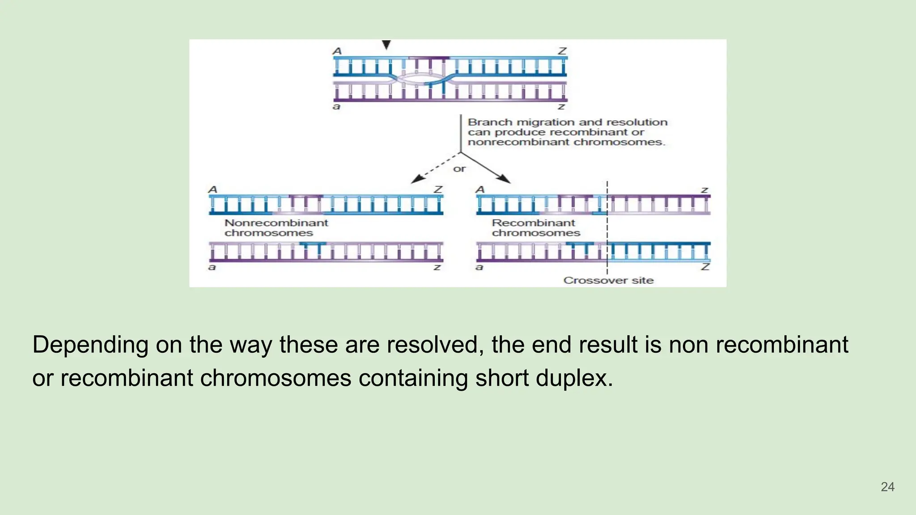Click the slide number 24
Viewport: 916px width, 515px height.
pyautogui.click(x=887, y=487)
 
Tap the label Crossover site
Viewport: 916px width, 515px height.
pyautogui.click(x=608, y=280)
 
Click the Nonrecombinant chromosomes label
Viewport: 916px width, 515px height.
pyautogui.click(x=276, y=228)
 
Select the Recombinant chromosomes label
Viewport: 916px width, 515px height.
pyautogui.click(x=535, y=228)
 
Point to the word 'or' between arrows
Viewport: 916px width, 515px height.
pyautogui.click(x=459, y=169)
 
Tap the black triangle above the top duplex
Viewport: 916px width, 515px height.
pyautogui.click(x=386, y=45)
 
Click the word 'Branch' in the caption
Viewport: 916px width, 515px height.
pyautogui.click(x=490, y=122)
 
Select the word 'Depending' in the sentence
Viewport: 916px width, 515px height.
pyautogui.click(x=90, y=345)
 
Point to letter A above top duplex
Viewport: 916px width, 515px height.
pyautogui.click(x=337, y=51)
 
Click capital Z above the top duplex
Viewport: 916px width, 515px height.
pyautogui.click(x=562, y=51)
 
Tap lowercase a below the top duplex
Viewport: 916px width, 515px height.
pyautogui.click(x=336, y=106)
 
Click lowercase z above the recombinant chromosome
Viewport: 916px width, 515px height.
pyautogui.click(x=704, y=190)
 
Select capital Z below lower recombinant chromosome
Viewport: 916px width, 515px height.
pyautogui.click(x=705, y=267)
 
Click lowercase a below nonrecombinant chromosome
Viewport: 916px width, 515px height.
pyautogui.click(x=212, y=267)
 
